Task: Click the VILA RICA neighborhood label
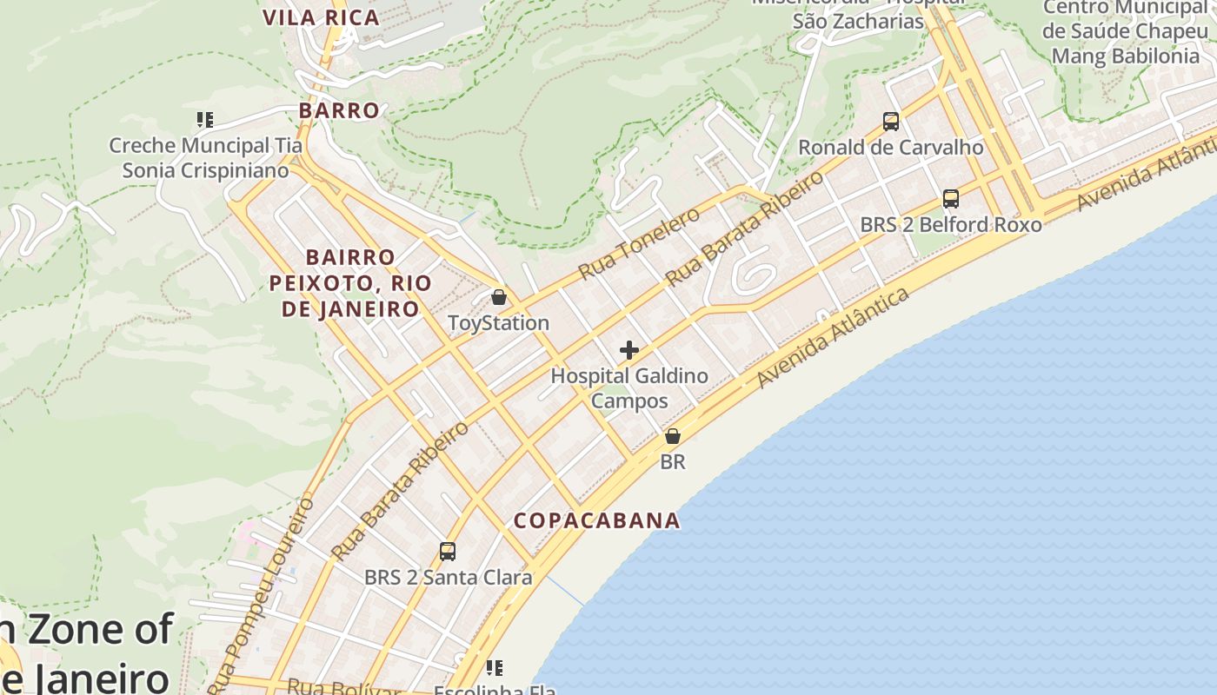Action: coord(321,17)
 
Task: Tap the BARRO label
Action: coord(339,110)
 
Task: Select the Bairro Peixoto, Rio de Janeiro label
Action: coord(350,283)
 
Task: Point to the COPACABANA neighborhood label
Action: coord(596,520)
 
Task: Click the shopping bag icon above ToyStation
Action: coord(499,298)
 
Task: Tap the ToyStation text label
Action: coord(498,323)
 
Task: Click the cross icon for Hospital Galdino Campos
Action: coord(629,351)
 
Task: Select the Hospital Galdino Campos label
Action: coord(629,388)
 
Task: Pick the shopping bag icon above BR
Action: coord(673,436)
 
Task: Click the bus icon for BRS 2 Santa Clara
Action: coord(448,551)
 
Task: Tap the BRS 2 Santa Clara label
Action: coord(448,577)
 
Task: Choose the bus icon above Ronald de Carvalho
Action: coord(891,122)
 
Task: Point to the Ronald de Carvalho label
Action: coord(891,147)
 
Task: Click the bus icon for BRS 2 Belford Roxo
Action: coord(951,199)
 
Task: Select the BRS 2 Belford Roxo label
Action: coord(951,225)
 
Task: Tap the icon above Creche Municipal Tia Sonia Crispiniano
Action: coord(205,119)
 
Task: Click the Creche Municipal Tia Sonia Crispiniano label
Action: coord(205,157)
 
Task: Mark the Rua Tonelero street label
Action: coord(639,244)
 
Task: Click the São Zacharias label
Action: coord(857,21)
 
